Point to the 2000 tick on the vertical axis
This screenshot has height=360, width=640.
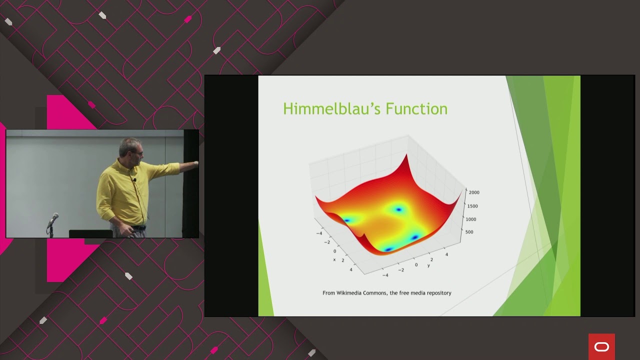click(x=474, y=192)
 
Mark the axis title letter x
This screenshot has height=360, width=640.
click(x=334, y=259)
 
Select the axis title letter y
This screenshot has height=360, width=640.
click(x=428, y=265)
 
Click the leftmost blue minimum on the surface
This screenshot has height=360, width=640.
click(x=347, y=219)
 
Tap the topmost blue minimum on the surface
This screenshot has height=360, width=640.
click(x=398, y=209)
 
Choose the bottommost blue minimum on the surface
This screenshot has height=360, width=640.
click(x=388, y=248)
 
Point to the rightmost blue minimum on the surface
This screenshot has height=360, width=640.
click(x=414, y=237)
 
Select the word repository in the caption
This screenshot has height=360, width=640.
click(x=436, y=293)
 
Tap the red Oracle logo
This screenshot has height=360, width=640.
click(x=601, y=347)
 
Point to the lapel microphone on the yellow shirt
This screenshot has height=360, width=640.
click(x=134, y=179)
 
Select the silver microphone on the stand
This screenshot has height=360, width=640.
click(x=53, y=218)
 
